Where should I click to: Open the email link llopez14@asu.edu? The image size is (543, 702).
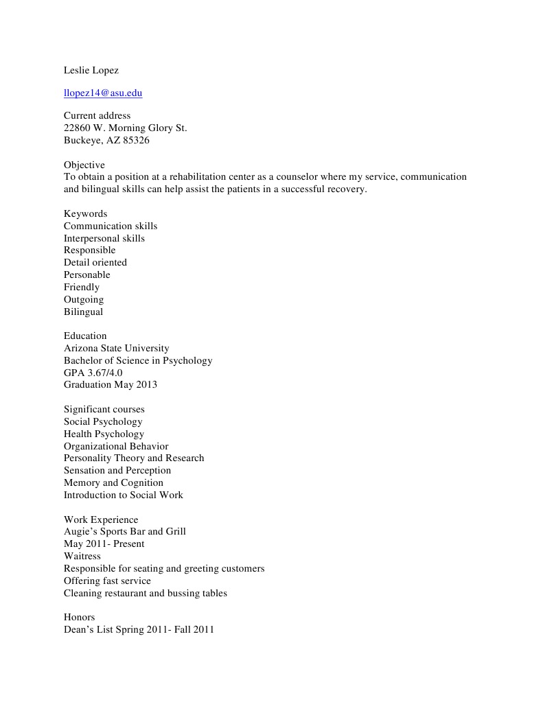click(x=103, y=93)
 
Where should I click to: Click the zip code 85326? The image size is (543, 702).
click(x=136, y=141)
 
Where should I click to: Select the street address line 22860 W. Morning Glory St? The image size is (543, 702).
click(x=126, y=128)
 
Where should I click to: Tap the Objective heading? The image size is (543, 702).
click(x=84, y=165)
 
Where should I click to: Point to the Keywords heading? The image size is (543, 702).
click(x=86, y=213)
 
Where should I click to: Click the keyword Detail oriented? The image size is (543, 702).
click(x=95, y=262)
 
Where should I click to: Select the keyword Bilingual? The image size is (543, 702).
click(x=84, y=312)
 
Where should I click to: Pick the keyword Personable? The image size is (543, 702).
click(x=87, y=274)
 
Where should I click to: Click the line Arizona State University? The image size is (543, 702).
click(x=117, y=348)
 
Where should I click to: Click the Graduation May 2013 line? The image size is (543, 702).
click(x=111, y=384)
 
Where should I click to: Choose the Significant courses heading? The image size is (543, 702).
click(x=104, y=409)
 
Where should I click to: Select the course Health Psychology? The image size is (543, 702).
click(x=104, y=434)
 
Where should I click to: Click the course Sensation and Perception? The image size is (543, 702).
click(x=117, y=470)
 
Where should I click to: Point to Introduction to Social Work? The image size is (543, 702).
click(x=124, y=495)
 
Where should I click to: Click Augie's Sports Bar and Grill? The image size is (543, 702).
click(x=125, y=531)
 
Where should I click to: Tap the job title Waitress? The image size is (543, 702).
click(x=82, y=556)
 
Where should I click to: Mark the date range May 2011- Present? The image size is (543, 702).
click(x=104, y=543)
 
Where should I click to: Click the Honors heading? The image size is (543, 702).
click(x=80, y=617)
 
